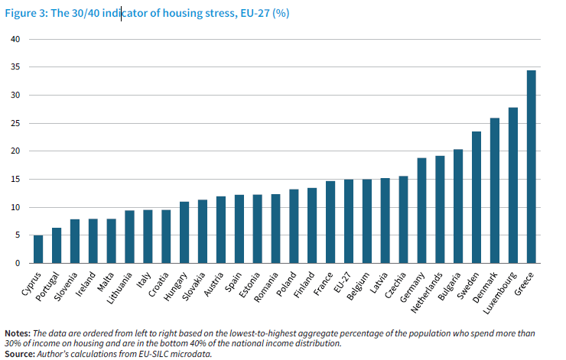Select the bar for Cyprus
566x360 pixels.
coord(38,249)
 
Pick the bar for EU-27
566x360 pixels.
coord(349,222)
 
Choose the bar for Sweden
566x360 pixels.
coord(477,197)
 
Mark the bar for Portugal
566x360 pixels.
coord(57,245)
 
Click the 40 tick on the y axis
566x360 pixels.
coord(14,39)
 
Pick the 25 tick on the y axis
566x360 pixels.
coord(14,123)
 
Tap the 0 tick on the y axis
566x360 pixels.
coord(16,264)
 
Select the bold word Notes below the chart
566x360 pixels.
coord(18,333)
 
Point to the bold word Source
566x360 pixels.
coord(21,354)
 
